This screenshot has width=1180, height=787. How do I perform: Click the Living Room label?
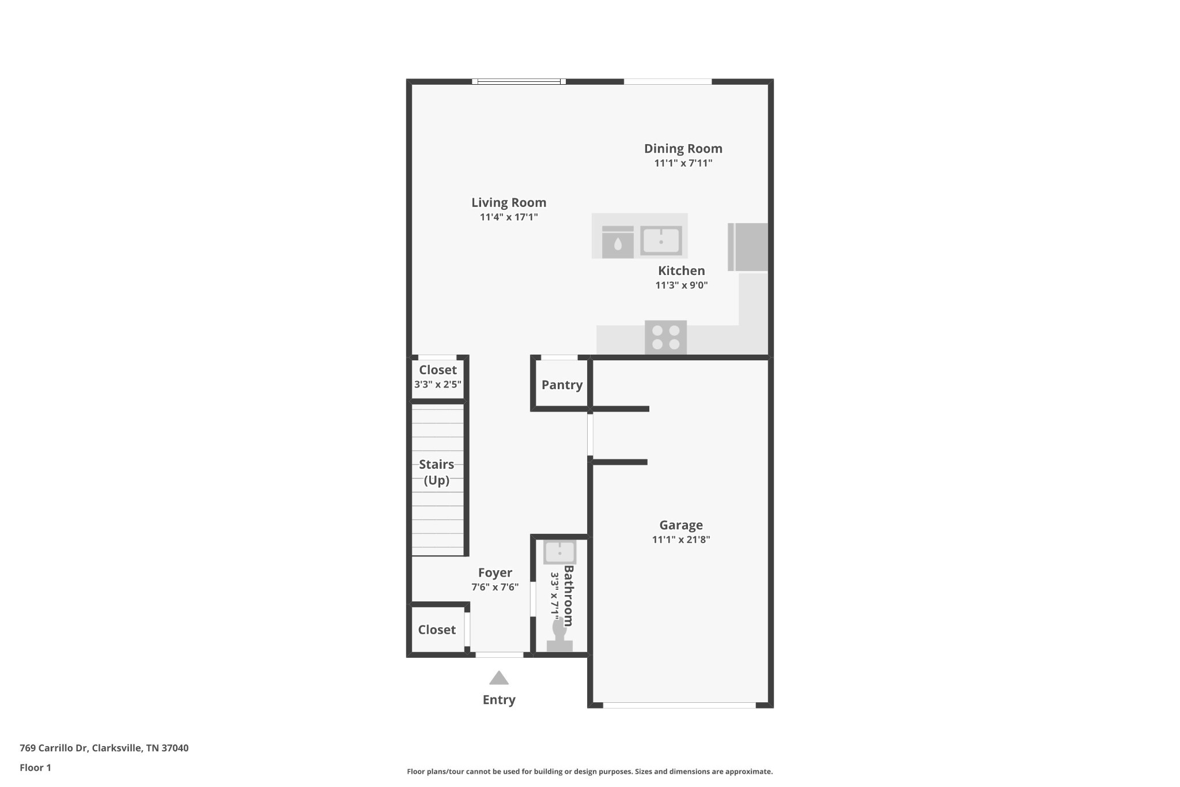coord(509,202)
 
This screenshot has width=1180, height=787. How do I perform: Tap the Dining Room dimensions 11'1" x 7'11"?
coord(683,163)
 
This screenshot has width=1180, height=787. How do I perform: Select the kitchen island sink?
coord(661,241)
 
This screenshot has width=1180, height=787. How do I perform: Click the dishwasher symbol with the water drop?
coord(618,242)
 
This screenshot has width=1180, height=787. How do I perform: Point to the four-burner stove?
coord(665,337)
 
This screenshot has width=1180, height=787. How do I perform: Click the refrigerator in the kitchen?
coord(748,247)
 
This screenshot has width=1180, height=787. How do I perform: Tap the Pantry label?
coord(562,385)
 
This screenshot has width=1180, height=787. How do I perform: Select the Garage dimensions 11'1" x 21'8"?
coord(681,540)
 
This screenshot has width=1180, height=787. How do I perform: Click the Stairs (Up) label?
coord(437,472)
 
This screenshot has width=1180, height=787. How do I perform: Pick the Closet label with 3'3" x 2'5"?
coord(438,370)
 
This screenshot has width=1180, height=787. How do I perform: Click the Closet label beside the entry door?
coord(437,630)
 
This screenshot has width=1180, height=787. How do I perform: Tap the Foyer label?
coord(495,573)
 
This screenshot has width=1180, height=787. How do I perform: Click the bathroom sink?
coord(559,552)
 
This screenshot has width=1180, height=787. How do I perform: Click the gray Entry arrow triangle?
coord(499,677)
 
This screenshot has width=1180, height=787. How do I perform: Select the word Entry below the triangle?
coord(499,700)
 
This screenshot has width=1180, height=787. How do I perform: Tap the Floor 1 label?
coord(35,767)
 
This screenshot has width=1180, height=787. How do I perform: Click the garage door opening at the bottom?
coord(679,705)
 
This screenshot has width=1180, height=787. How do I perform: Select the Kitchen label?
coord(682,270)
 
